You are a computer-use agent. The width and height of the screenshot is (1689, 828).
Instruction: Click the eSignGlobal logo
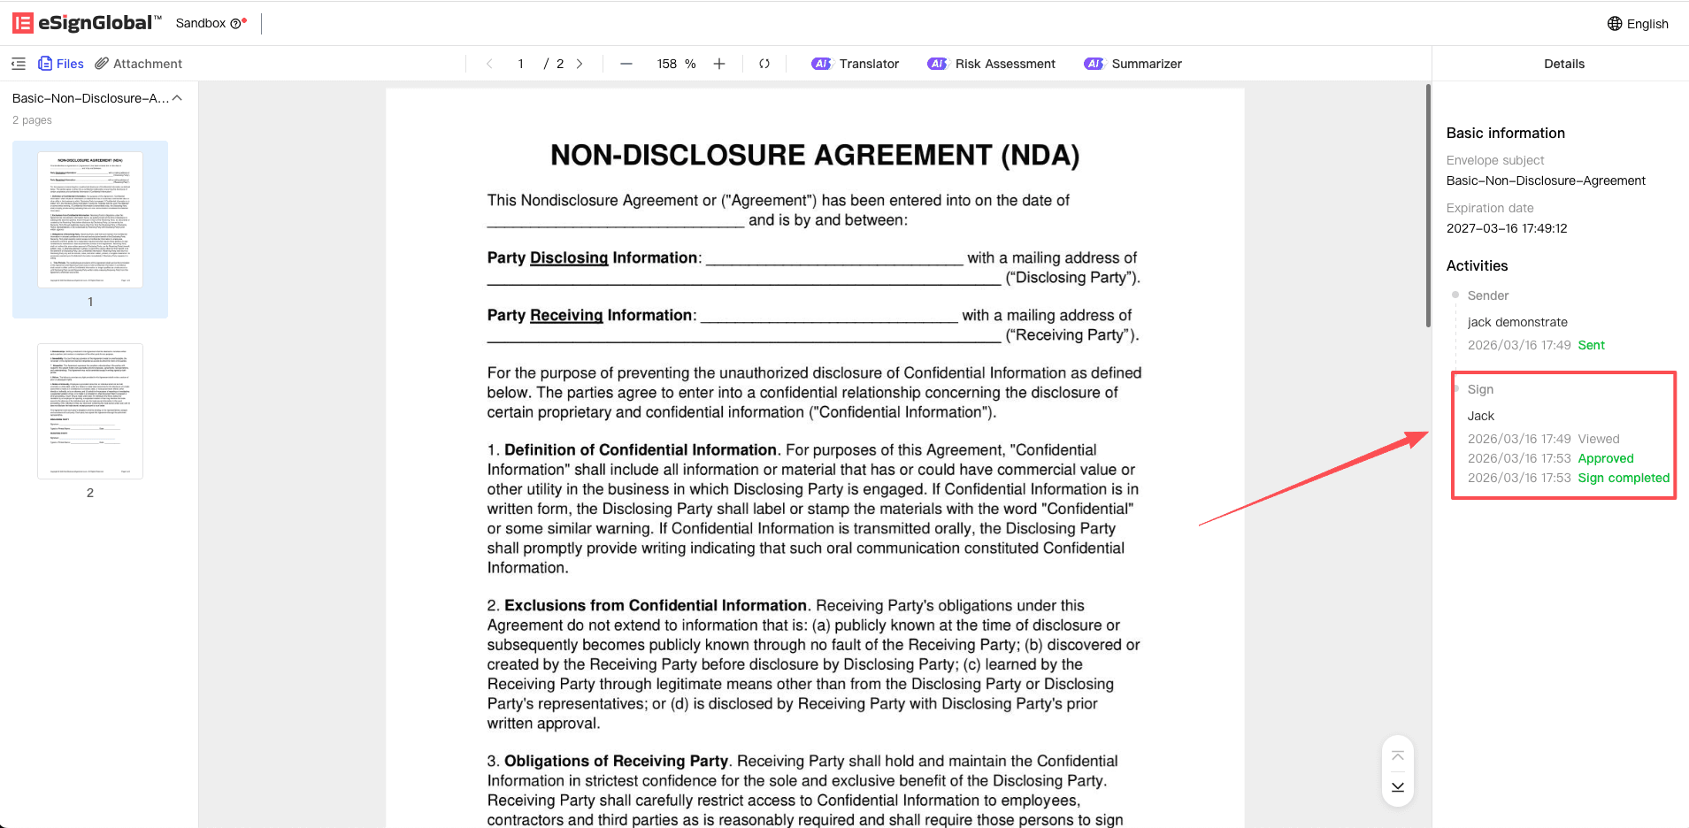87,23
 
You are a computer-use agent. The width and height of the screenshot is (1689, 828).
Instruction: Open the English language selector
1638,24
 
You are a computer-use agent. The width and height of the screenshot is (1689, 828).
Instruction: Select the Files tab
61,64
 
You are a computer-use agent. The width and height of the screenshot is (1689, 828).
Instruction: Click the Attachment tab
139,64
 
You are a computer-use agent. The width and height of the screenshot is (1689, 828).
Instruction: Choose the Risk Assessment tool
991,64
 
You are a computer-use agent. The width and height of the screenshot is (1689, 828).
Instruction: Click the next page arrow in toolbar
580,64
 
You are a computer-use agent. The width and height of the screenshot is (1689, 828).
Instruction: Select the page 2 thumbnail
90,411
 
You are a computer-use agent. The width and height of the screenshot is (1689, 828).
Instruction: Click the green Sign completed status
1624,478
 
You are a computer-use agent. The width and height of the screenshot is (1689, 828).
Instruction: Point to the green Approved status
1606,458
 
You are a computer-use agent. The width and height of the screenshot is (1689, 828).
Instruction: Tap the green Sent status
1591,345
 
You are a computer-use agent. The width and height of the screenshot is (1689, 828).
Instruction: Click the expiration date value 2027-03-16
1506,228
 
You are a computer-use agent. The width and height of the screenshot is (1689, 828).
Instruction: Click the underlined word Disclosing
569,257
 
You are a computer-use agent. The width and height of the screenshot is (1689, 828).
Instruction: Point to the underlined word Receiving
566,315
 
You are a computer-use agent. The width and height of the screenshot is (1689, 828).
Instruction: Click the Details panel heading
1564,64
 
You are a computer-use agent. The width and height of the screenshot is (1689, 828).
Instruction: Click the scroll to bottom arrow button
1398,786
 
